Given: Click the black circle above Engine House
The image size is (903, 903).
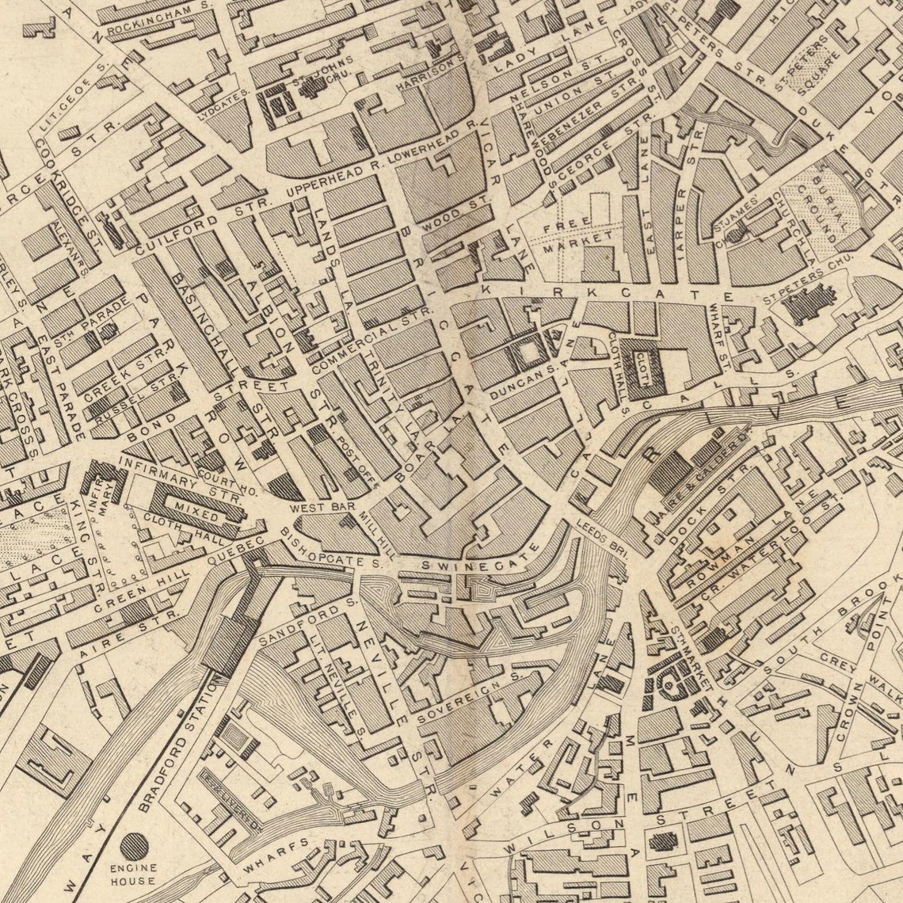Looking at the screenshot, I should [x=134, y=846].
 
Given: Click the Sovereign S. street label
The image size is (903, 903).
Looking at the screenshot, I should [x=468, y=697].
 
